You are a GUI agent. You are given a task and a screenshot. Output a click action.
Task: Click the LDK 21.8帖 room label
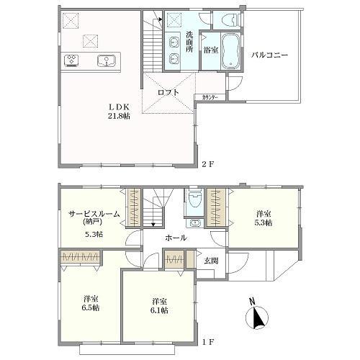click(119, 110)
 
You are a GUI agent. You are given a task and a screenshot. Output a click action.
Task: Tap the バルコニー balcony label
click(270, 54)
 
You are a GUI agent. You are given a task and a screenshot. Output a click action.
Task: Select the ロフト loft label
click(168, 91)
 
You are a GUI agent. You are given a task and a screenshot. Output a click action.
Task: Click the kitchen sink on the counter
click(107, 60)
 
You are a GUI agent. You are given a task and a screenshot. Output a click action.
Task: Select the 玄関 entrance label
click(210, 260)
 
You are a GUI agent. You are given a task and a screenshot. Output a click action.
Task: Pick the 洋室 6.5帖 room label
click(91, 302)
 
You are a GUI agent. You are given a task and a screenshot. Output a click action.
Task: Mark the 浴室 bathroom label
click(210, 50)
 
